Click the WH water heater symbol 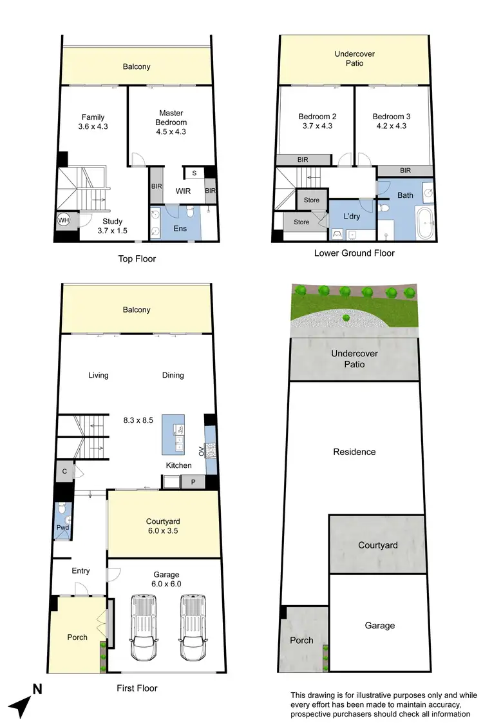click(x=62, y=220)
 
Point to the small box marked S click(x=194, y=173)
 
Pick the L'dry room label click(x=352, y=217)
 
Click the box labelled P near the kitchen click(x=192, y=481)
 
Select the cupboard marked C click(x=65, y=471)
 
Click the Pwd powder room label click(x=62, y=527)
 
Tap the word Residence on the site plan click(x=354, y=452)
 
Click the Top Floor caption click(x=137, y=259)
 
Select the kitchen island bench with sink click(x=173, y=434)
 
